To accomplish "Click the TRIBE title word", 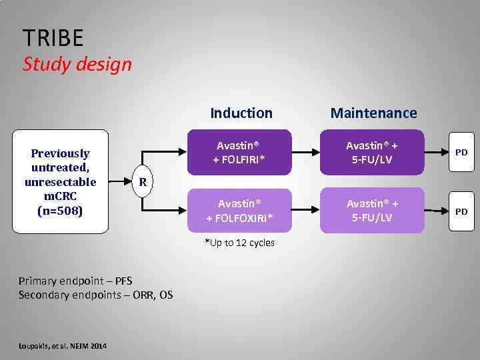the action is click(53, 38).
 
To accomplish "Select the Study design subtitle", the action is click(77, 65).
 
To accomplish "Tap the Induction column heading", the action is click(241, 113).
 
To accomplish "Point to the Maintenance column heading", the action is click(373, 113).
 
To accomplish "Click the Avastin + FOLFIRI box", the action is click(239, 152).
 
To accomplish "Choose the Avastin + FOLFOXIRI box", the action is click(239, 211).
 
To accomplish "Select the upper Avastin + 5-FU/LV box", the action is click(371, 152).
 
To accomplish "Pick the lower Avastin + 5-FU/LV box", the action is click(371, 211).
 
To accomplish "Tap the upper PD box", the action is click(461, 153).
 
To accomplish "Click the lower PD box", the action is click(461, 211).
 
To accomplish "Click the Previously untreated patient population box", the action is click(60, 181).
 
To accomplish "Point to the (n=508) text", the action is click(60, 211).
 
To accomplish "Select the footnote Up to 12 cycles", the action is click(239, 243).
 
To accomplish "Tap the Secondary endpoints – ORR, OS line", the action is click(95, 294).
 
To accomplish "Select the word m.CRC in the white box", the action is click(60, 197).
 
